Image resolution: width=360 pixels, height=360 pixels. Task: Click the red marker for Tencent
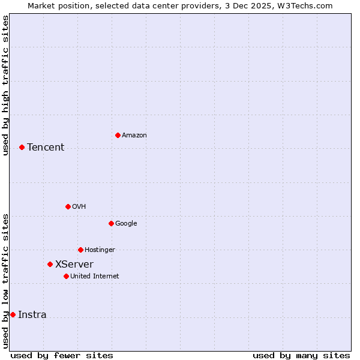pos(22,147)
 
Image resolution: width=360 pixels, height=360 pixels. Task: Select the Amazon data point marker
pos(118,135)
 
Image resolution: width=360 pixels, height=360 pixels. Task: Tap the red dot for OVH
pos(68,206)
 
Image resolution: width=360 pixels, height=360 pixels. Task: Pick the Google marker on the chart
pos(111,223)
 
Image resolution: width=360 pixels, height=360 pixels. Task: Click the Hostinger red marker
pos(80,250)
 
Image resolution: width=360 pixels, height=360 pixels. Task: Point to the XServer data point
pos(50,264)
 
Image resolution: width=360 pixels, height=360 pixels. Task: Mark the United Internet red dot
pos(66,276)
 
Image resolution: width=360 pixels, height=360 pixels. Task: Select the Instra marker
pos(13,314)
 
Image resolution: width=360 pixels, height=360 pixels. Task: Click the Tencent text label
pos(46,148)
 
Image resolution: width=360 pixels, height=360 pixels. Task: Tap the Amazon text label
pos(134,136)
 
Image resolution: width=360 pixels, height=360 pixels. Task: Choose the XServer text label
pos(74,265)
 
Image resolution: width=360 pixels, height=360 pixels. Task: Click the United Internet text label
pos(95,277)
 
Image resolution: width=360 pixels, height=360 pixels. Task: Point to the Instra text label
pos(32,315)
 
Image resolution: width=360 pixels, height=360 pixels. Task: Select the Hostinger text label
pos(100,250)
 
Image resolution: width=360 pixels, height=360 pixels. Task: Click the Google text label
pos(126,224)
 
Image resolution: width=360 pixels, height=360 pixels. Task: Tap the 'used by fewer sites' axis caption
pos(62,355)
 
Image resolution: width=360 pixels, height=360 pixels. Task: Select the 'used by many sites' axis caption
pos(301,355)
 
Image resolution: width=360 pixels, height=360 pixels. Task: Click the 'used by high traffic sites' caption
pos(5,85)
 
